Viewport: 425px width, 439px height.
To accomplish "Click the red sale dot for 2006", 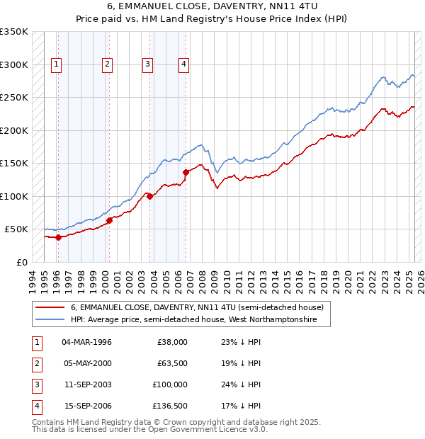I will [x=186, y=172].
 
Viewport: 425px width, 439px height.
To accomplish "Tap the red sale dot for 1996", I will [x=58, y=237].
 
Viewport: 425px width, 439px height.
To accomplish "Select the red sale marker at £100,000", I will [x=150, y=196].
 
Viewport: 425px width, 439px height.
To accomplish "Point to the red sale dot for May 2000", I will [x=110, y=220].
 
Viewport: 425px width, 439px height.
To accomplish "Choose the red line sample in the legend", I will [x=49, y=307].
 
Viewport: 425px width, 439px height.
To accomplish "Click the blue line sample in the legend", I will [x=49, y=320].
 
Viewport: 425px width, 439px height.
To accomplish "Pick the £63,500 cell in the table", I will [x=171, y=363].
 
